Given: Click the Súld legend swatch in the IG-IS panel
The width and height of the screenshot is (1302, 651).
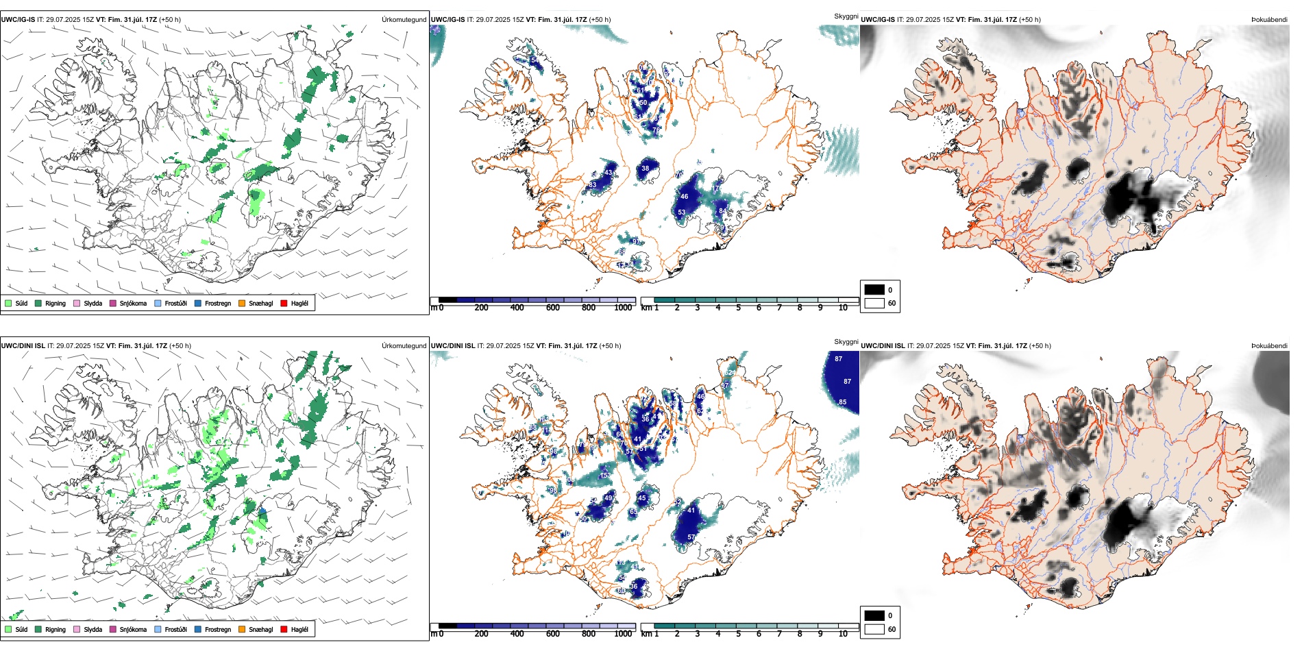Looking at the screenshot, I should (x=8, y=303).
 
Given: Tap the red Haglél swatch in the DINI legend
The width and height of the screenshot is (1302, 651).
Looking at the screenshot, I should (x=284, y=629).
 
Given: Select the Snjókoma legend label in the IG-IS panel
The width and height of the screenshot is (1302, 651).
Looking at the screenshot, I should (x=133, y=303).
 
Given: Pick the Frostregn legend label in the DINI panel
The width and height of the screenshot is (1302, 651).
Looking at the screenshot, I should (x=217, y=629).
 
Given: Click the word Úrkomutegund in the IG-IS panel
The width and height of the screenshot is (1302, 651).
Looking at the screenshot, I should (x=404, y=19).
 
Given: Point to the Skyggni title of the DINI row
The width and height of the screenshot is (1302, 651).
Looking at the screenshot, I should (x=846, y=341).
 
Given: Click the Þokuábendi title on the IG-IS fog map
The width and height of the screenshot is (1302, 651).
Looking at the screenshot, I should (x=1269, y=19).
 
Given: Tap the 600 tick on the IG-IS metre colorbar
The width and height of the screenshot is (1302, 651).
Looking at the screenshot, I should (x=552, y=308).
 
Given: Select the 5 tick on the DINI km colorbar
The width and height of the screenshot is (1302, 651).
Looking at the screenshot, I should (x=738, y=634).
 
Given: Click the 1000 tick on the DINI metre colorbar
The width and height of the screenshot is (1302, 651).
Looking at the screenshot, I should (x=623, y=634).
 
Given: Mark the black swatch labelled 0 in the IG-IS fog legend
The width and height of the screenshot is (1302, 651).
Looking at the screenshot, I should (x=874, y=290).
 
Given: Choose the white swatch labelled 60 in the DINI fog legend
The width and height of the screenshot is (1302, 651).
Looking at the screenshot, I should (x=874, y=629).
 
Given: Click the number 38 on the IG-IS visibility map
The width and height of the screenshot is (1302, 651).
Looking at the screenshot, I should (x=645, y=168).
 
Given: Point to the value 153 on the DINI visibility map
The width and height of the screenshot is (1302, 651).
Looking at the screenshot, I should (x=605, y=475).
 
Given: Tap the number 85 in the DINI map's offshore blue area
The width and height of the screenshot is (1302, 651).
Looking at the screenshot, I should (x=842, y=402).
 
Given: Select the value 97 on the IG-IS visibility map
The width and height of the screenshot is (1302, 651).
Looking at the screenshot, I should (x=636, y=242).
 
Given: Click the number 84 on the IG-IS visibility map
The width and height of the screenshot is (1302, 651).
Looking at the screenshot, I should (x=722, y=211).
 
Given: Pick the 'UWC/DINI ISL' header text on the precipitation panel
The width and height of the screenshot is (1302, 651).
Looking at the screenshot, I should (x=23, y=345).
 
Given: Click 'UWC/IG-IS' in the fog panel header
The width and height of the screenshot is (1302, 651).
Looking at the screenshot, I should (x=877, y=19).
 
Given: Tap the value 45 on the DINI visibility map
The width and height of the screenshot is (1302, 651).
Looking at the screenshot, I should (x=641, y=498).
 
